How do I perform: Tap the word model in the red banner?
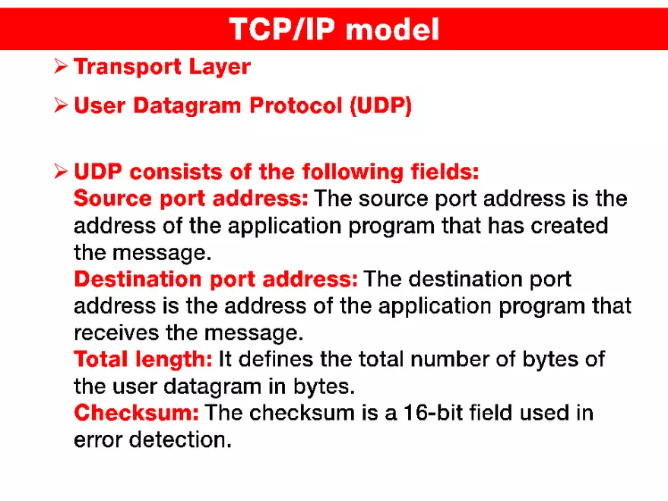pyautogui.click(x=397, y=29)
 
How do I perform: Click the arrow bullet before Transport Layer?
pyautogui.click(x=62, y=67)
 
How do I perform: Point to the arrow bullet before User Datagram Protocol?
pyautogui.click(x=62, y=106)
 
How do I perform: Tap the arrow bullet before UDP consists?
pyautogui.click(x=62, y=172)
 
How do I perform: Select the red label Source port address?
pyautogui.click(x=191, y=199)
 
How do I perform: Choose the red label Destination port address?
pyautogui.click(x=216, y=280)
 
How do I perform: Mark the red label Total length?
pyautogui.click(x=143, y=360)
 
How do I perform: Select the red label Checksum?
pyautogui.click(x=137, y=413)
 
